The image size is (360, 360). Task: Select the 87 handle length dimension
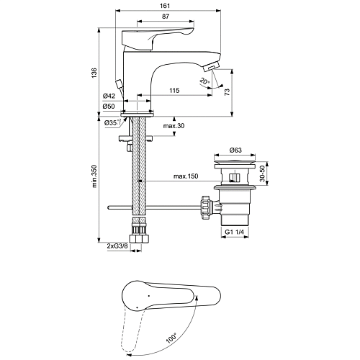pos(166,17)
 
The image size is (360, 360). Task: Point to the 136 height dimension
pos(94,73)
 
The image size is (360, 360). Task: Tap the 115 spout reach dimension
pos(174,91)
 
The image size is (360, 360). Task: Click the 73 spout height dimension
pos(227,92)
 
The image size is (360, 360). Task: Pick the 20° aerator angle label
pos(204,81)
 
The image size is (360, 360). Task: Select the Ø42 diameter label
pos(109,96)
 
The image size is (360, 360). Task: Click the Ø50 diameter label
pos(109,107)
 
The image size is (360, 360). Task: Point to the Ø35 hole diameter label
pos(112,122)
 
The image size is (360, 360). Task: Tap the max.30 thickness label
pos(174,126)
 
